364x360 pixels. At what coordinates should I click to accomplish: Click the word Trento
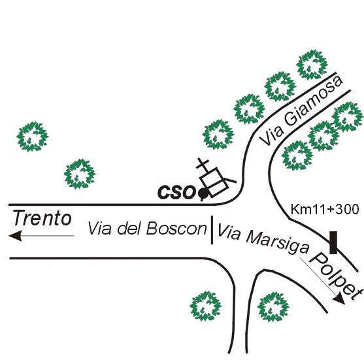[x=42, y=218]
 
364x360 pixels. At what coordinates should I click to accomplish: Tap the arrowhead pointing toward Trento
[x=15, y=236]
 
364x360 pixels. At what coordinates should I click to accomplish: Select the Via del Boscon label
[x=147, y=228]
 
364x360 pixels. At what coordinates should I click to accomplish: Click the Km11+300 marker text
[x=325, y=209]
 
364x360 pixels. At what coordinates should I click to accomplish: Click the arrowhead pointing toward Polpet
[x=339, y=299]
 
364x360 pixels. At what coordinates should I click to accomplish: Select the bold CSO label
[x=176, y=193]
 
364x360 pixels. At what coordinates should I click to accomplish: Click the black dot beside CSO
[x=203, y=193]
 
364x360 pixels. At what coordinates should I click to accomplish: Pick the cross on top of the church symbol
[x=203, y=163]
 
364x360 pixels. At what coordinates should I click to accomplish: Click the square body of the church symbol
[x=214, y=182]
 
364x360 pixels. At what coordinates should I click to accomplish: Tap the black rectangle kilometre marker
[x=333, y=242]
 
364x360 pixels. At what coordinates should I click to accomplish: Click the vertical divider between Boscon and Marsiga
[x=212, y=230]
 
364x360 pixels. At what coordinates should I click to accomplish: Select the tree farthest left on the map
[x=33, y=137]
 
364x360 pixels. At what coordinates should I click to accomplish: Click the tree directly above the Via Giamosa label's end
[x=312, y=65]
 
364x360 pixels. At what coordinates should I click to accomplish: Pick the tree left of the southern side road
[x=206, y=306]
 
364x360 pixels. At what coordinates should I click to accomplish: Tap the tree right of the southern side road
[x=273, y=307]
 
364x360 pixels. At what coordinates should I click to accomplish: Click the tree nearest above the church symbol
[x=218, y=135]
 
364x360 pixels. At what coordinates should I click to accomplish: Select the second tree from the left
[x=80, y=174]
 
